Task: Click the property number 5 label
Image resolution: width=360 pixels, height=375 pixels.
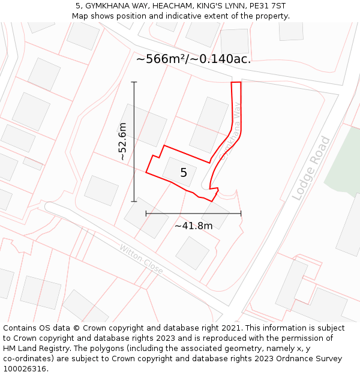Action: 184,173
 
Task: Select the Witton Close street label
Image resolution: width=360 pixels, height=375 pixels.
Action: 141,259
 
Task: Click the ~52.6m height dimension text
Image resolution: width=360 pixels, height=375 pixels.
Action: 122,142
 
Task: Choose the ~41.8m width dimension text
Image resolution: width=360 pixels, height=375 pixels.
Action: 193,226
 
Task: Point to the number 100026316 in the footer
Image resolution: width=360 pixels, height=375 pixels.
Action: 26,368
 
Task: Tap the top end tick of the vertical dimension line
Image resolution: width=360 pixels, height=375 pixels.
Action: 134,82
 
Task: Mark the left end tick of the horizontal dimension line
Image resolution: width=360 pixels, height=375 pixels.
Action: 146,213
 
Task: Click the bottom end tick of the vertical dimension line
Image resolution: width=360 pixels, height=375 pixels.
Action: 134,202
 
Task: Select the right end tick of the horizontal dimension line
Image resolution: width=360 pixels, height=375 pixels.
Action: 241,213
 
